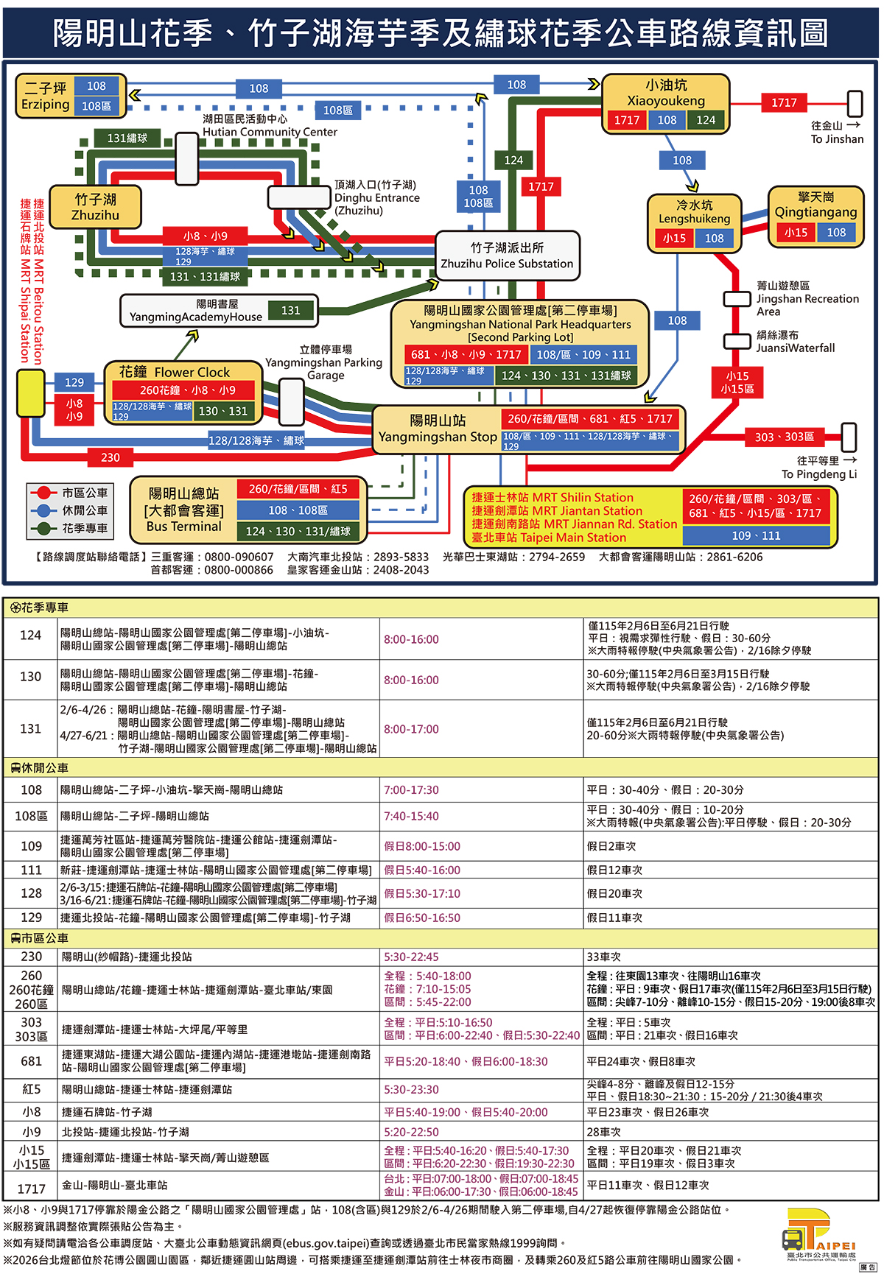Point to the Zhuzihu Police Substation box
click(x=507, y=256)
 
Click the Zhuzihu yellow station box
click(x=96, y=207)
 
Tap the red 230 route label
click(x=110, y=457)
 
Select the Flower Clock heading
click(x=175, y=372)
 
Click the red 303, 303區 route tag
click(x=784, y=437)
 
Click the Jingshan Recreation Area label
click(x=807, y=298)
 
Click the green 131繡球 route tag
click(x=127, y=138)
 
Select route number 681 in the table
click(x=31, y=1061)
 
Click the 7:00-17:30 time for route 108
click(x=411, y=790)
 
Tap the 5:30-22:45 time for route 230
click(x=411, y=957)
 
